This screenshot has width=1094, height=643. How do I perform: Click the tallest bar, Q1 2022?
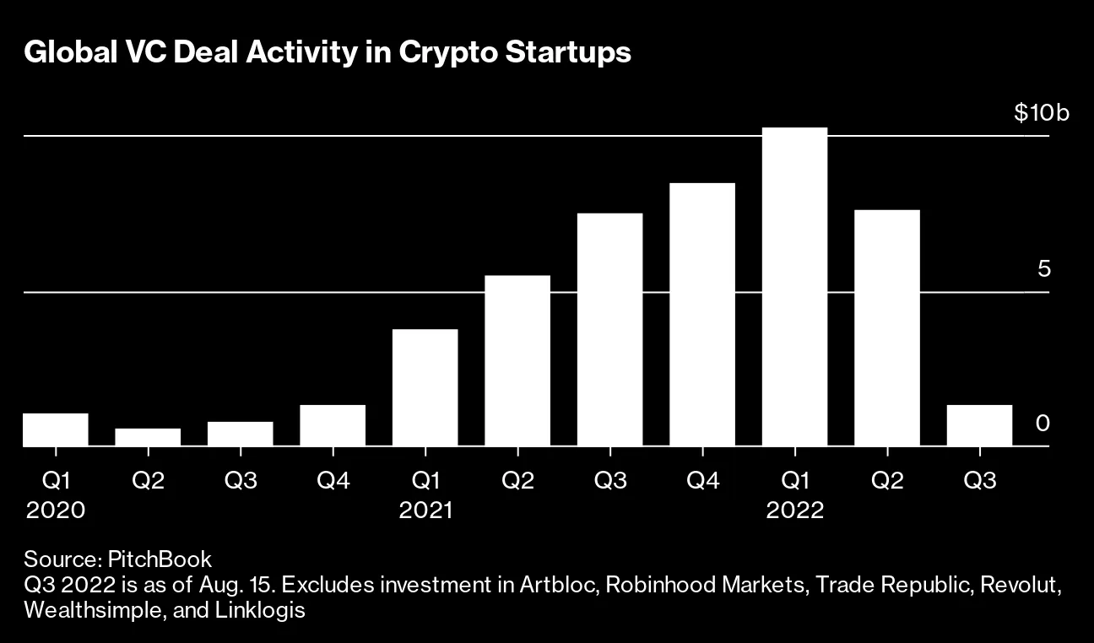794,287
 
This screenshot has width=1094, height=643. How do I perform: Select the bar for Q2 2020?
148,437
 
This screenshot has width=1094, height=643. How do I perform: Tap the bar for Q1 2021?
425,387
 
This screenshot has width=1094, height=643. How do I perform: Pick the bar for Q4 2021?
702,314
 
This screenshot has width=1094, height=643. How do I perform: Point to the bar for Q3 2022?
979,425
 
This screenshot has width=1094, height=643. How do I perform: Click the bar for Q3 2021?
609,329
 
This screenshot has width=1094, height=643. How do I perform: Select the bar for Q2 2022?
887,327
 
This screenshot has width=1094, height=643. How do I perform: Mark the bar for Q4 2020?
333,425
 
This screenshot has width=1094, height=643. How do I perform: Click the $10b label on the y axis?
1042,112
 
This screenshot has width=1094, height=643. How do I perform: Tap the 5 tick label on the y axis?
1044,269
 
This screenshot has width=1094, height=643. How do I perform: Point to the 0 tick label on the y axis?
1043,423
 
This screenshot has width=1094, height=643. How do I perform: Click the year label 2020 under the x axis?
56,511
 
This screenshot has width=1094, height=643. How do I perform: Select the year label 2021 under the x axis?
425,511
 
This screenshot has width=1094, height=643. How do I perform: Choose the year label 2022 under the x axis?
794,511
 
